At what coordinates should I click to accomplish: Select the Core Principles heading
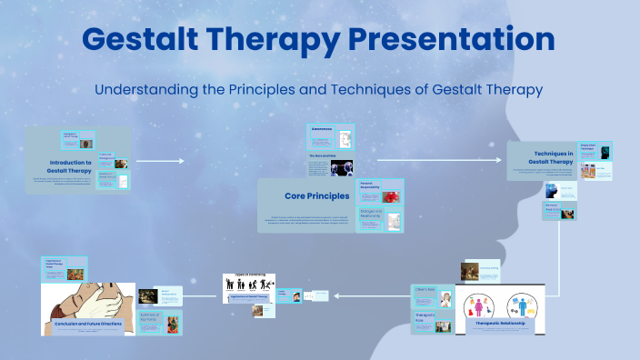[316, 195]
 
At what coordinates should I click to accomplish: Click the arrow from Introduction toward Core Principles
[160, 161]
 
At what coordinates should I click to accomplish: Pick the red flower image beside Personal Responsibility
[392, 197]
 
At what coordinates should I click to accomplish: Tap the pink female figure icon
[475, 305]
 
